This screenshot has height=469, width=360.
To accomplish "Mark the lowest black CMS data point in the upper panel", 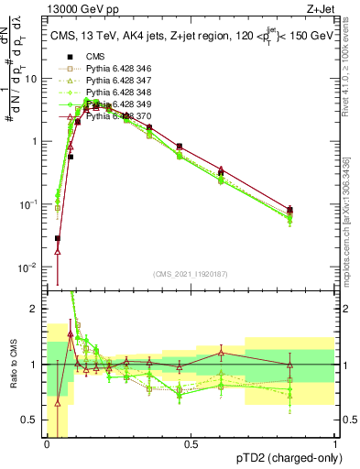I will pos(58,238).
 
